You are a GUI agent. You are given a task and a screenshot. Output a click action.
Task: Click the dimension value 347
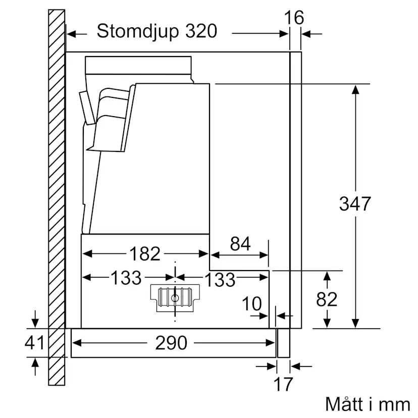click(355, 204)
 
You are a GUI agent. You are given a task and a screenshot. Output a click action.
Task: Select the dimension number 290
click(171, 344)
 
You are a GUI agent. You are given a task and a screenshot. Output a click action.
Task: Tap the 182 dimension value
click(145, 253)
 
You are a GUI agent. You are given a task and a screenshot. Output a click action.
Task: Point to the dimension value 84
click(240, 244)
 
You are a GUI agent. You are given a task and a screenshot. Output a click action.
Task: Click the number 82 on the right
click(327, 299)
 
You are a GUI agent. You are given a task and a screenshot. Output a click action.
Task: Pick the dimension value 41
click(35, 343)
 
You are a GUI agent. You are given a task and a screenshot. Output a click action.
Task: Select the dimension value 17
click(283, 384)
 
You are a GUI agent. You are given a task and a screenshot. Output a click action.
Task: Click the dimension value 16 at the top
click(294, 18)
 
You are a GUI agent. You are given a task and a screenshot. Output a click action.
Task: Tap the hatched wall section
click(57, 202)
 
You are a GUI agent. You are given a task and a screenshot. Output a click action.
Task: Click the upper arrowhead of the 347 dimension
click(355, 90)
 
